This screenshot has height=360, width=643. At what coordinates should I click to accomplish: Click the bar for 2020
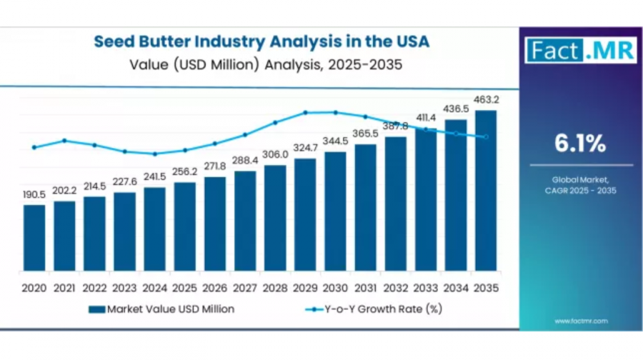34,238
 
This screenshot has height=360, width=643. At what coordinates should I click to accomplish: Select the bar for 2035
486,191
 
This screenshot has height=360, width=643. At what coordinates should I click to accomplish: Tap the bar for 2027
245,221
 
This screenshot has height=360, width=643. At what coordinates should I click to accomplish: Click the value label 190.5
34,194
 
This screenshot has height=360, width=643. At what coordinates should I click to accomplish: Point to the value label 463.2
486,99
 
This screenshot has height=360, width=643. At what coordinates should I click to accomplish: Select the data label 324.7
305,148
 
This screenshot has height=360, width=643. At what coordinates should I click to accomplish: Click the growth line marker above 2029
305,112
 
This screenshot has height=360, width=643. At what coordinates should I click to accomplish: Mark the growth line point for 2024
154,154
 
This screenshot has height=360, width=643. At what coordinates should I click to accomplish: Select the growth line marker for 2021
64,140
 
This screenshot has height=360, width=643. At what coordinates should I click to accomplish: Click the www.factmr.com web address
581,321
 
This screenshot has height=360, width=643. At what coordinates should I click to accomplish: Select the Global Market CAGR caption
580,185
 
